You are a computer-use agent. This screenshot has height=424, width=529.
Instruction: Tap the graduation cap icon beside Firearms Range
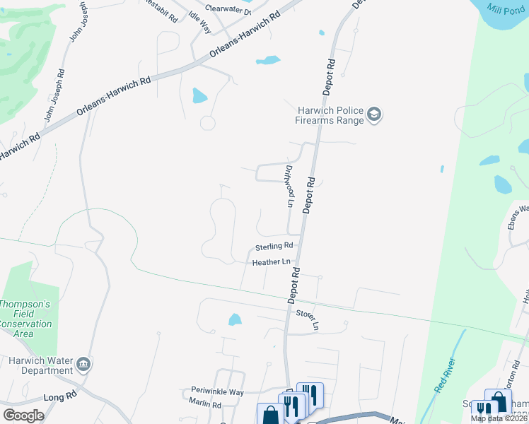pos(375,114)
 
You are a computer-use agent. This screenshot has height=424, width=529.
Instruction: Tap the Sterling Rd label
pos(274,246)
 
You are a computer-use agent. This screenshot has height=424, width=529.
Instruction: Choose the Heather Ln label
pos(272,262)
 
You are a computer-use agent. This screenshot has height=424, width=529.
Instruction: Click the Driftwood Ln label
pos(289,186)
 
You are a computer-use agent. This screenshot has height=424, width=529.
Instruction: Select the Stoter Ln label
pos(308,318)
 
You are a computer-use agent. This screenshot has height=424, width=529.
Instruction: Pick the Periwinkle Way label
pos(217,391)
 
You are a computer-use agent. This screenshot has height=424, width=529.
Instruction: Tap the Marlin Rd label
pos(205,405)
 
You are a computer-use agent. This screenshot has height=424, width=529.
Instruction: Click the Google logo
pos(23,416)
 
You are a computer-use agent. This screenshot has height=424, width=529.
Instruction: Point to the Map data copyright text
pos(499,418)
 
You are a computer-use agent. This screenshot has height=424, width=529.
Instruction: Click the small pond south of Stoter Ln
pos(235,320)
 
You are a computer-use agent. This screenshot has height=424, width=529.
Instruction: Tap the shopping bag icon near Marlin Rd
pos(270,416)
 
